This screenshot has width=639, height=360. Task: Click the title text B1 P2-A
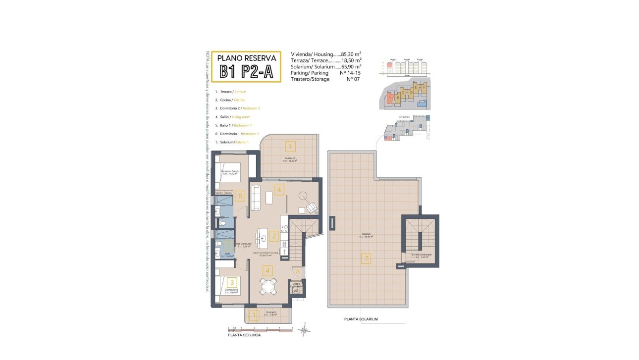pyautogui.click(x=246, y=72)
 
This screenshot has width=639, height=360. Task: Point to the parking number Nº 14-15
pyautogui.click(x=351, y=73)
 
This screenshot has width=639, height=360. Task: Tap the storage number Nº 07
pyautogui.click(x=353, y=79)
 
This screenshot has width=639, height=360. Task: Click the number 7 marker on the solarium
pyautogui.click(x=366, y=258)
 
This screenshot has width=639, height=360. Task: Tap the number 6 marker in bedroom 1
pyautogui.click(x=240, y=196)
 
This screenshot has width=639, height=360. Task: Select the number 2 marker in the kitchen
pyautogui.click(x=272, y=237)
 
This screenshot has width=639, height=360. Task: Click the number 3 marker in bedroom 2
pyautogui.click(x=231, y=282)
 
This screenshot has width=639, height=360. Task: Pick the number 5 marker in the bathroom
pyautogui.click(x=228, y=244)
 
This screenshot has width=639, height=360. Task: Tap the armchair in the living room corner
pyautogui.click(x=312, y=208)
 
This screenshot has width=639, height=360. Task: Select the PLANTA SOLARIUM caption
pyautogui.click(x=361, y=319)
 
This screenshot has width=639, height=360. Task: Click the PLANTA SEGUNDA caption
pyautogui.click(x=244, y=335)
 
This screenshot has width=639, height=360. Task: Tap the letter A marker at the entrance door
pyautogui.click(x=298, y=271)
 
